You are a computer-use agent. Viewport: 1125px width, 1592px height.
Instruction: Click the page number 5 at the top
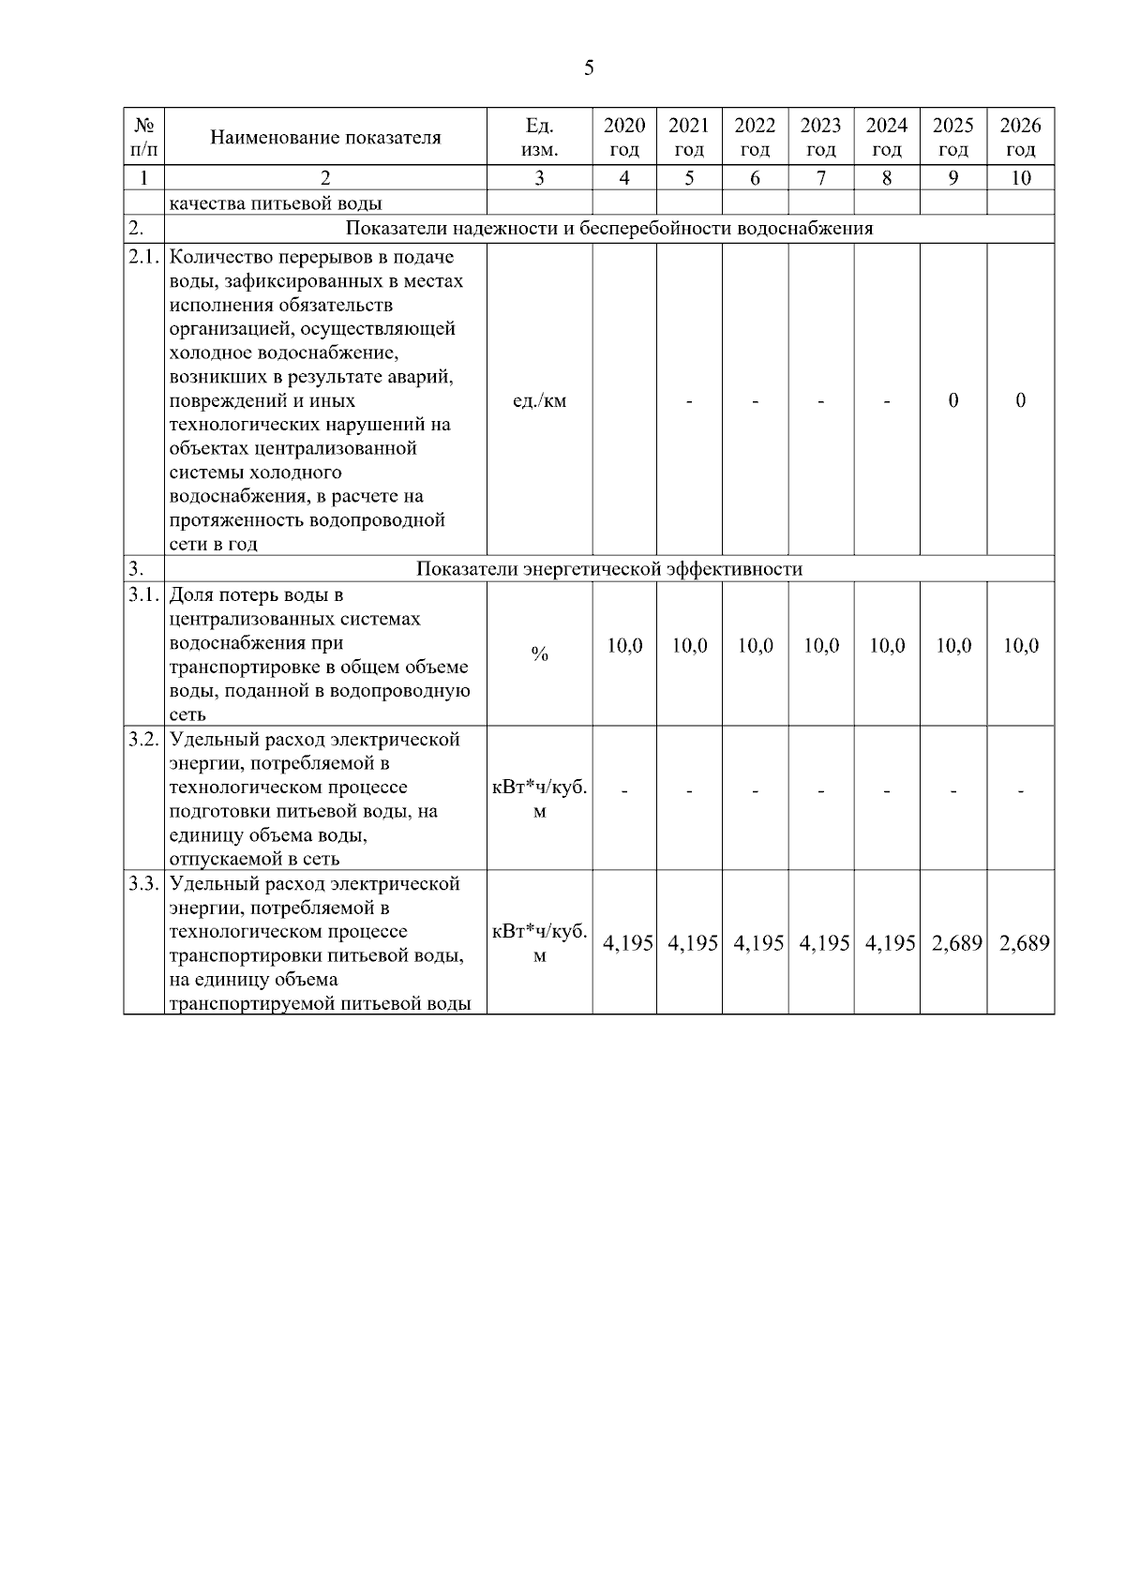point(589,68)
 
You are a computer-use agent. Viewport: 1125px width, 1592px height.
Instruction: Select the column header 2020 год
point(624,137)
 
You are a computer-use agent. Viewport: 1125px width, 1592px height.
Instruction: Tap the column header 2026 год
point(1020,137)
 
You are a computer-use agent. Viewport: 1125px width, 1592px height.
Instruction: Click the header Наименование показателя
point(325,138)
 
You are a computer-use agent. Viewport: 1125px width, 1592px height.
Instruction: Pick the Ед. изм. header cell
point(539,137)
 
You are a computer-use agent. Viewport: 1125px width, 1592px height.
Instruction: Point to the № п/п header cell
point(143,137)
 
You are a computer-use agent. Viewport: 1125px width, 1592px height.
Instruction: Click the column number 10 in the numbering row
point(1020,178)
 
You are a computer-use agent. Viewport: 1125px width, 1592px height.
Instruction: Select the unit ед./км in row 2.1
point(540,401)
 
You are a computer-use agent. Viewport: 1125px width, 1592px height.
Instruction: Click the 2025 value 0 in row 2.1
point(952,400)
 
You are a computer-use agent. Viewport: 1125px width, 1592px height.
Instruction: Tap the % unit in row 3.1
point(539,654)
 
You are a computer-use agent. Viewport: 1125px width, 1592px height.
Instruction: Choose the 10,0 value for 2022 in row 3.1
point(755,646)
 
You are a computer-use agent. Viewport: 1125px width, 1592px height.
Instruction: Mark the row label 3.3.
point(143,884)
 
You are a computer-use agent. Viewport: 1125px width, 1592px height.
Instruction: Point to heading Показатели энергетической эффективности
point(609,569)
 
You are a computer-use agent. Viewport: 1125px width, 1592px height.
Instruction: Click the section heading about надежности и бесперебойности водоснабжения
point(609,229)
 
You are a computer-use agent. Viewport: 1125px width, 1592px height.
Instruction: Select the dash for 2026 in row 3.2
point(1020,791)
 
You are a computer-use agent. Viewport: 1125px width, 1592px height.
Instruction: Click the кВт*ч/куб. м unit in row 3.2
point(540,799)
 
